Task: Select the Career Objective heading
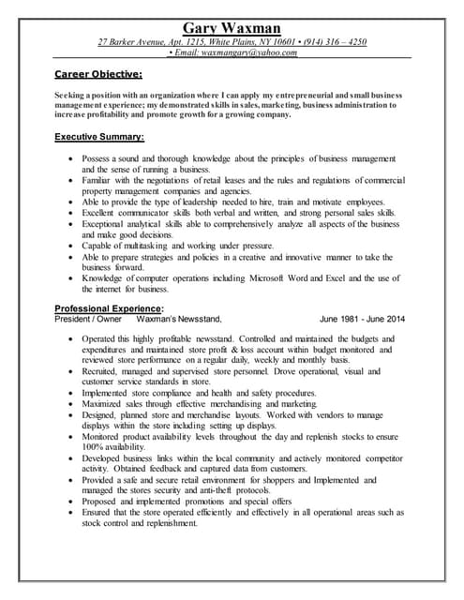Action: coord(98,73)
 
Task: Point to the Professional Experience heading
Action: coord(109,308)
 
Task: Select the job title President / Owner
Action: coord(88,319)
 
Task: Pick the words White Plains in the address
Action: coord(230,42)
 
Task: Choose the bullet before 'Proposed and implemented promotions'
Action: coord(72,502)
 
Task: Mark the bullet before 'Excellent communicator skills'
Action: coord(72,214)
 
